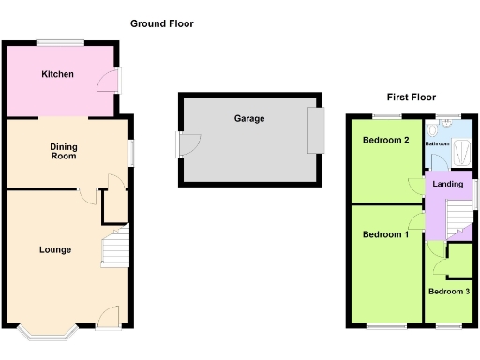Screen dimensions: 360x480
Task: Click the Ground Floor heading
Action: point(162,23)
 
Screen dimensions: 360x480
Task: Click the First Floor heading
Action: point(411,97)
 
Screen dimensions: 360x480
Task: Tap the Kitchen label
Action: point(57,74)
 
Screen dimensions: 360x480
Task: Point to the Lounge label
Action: point(55,249)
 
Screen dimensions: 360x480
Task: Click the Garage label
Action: point(249,119)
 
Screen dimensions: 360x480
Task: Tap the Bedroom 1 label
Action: point(385,234)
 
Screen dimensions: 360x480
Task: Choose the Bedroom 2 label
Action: point(385,141)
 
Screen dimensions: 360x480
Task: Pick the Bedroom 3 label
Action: point(448,292)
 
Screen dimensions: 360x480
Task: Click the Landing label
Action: point(447,184)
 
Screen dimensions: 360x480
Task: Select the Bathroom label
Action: point(437,144)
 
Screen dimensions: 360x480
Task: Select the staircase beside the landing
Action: point(457,219)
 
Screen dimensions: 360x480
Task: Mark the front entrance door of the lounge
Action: point(107,317)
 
